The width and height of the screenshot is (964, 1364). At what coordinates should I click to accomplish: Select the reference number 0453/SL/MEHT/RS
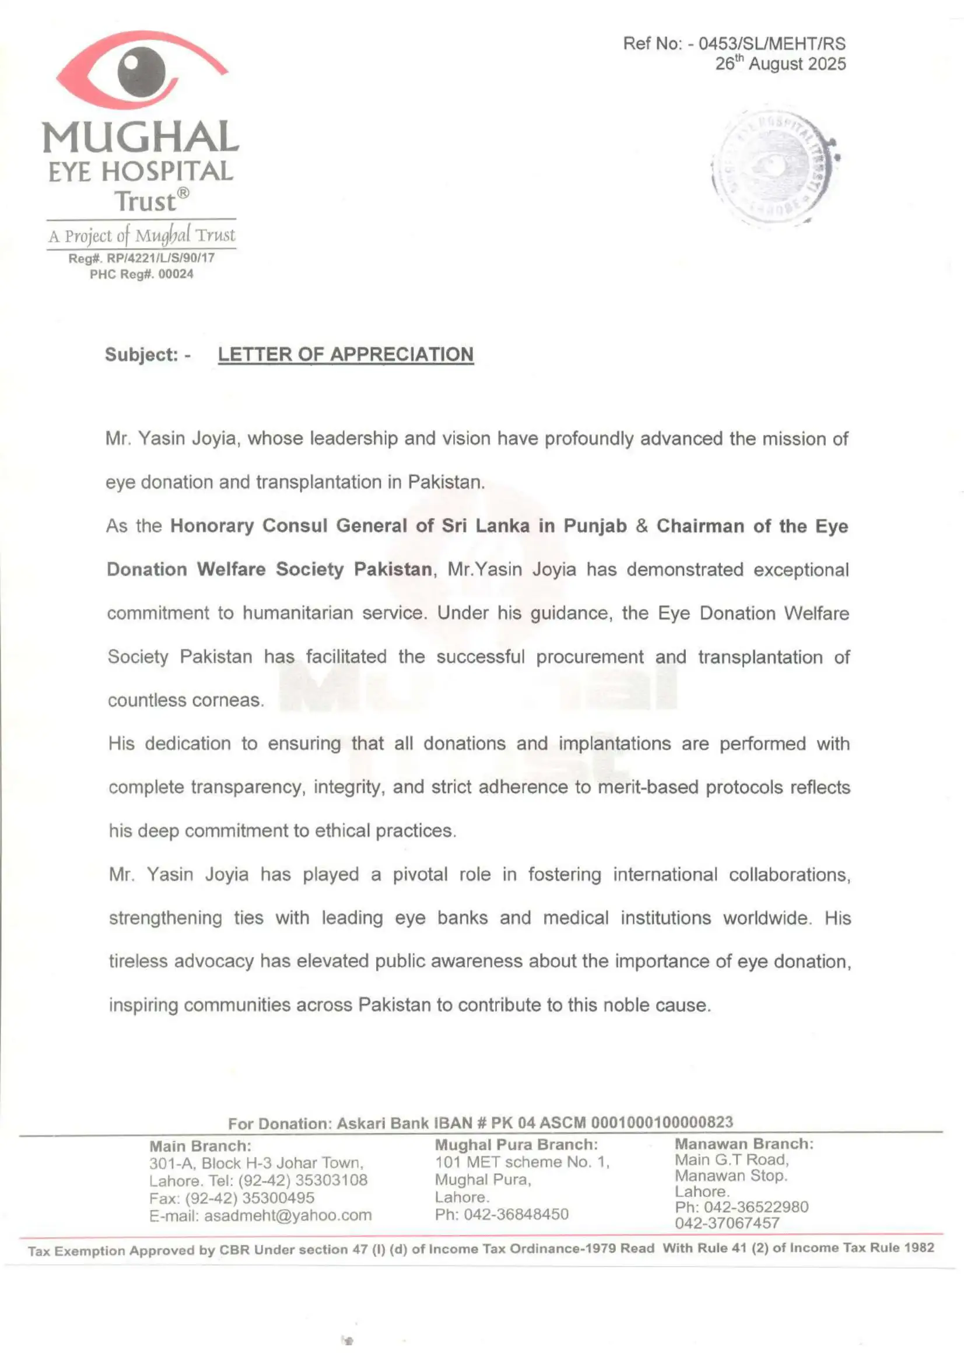coord(772,44)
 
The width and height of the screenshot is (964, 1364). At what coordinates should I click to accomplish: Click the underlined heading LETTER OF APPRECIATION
coord(346,355)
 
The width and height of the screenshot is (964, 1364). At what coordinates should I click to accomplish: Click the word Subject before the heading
coord(141,355)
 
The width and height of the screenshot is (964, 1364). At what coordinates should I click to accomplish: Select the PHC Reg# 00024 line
coord(141,275)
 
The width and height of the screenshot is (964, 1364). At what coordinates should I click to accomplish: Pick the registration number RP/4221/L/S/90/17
coord(160,258)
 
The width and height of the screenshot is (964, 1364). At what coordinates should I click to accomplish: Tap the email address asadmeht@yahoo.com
coord(288,1215)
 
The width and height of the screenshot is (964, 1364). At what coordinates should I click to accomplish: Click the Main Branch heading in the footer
coord(200,1146)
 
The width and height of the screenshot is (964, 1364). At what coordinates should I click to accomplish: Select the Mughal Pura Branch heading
coord(516,1145)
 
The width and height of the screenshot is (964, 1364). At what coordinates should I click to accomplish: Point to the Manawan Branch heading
coord(744,1144)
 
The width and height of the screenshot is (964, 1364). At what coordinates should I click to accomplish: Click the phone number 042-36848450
coord(516,1214)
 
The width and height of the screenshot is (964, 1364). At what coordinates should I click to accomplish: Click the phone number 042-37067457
coord(727,1223)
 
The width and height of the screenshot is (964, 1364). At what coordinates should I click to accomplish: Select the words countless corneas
coord(185,700)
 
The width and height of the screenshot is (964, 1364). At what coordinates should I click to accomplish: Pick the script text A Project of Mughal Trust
coord(141,236)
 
